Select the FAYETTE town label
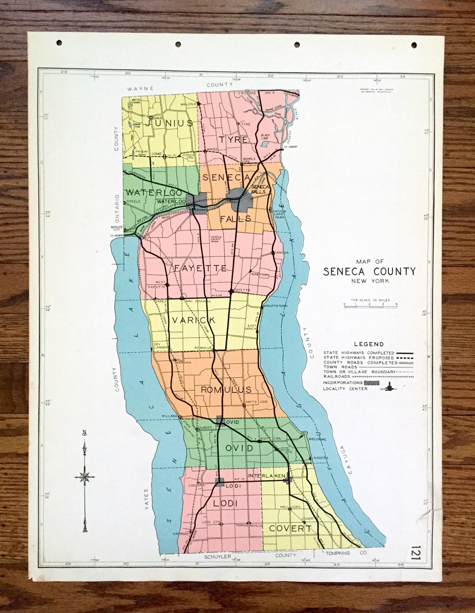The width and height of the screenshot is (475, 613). click(x=200, y=268)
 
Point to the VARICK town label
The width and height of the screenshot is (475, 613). click(x=194, y=320)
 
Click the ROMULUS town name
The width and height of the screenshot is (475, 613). click(x=226, y=390)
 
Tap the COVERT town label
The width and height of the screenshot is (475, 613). click(x=290, y=528)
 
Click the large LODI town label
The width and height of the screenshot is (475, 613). click(x=225, y=504)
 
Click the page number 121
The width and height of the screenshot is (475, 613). click(x=416, y=553)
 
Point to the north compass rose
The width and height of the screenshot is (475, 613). click(x=84, y=476)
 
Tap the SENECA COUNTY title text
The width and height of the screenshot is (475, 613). click(x=369, y=271)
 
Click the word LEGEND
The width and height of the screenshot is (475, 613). click(x=369, y=344)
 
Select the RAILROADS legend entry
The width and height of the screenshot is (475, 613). click(x=336, y=376)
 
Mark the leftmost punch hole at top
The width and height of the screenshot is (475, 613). click(x=59, y=43)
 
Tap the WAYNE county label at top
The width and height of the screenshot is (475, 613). click(x=141, y=88)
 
